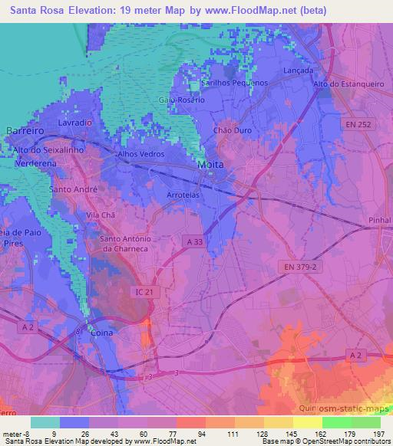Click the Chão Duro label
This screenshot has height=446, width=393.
tap(233, 131)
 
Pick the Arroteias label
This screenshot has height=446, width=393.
tap(184, 195)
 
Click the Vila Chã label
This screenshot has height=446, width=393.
tap(100, 215)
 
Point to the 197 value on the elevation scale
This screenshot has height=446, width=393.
tap(379, 434)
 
